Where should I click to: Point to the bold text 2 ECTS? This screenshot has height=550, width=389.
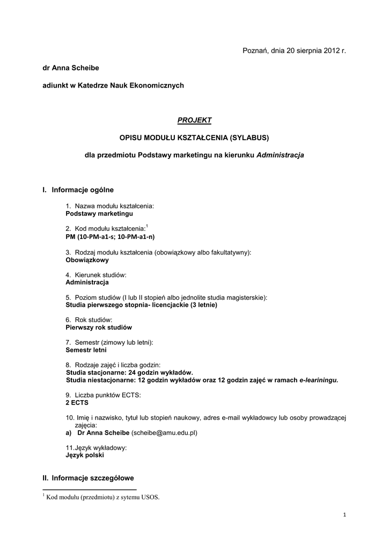[77, 402]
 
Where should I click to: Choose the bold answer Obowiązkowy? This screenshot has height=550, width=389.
[87, 259]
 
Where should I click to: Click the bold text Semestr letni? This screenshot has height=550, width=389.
[86, 350]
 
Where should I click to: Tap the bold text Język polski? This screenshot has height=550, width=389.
[85, 455]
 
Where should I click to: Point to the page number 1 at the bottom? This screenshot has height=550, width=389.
[344, 516]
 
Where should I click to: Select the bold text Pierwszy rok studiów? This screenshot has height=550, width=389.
[99, 327]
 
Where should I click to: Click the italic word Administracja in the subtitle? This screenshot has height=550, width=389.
[281, 155]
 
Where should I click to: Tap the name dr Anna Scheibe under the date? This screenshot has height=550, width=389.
[71, 68]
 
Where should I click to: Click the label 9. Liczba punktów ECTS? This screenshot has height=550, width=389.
[103, 395]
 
